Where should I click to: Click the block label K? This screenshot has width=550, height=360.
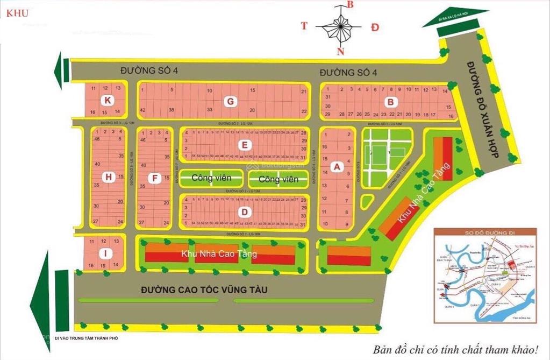tap(109, 100)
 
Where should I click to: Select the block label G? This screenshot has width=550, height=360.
tap(230, 101)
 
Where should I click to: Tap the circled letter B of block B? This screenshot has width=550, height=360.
tap(391, 101)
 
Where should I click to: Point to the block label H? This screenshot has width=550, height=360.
tap(109, 177)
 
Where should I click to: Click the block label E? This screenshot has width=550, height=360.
tap(245, 145)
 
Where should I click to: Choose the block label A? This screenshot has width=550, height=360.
tap(337, 167)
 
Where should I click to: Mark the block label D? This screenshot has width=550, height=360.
tap(245, 212)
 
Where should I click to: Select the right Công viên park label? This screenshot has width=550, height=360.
tap(277, 179)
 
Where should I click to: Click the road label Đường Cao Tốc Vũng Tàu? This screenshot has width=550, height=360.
tap(204, 290)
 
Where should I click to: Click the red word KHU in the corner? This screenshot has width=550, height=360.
tap(18, 13)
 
